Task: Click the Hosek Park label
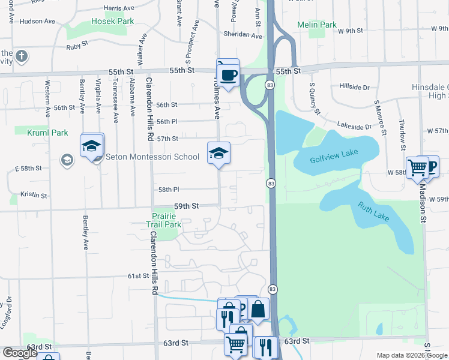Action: (112, 21)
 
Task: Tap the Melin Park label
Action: (316, 25)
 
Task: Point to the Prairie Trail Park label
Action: (164, 220)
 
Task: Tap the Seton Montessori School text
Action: (152, 157)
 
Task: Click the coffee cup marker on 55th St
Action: (228, 74)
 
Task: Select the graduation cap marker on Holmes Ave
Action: (218, 153)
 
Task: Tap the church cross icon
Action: (22, 57)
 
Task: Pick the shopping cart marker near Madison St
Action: (417, 167)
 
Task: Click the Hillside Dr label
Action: (354, 87)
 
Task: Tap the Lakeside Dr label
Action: (354, 127)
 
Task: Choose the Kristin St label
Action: (34, 194)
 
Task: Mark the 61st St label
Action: (137, 275)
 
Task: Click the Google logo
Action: (20, 353)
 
